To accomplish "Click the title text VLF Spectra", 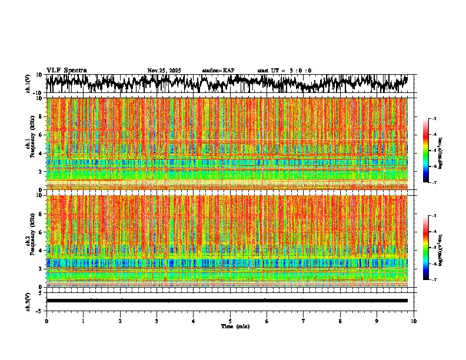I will pos(66,71).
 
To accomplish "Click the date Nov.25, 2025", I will pos(164,71).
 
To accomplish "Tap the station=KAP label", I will pos(218,71).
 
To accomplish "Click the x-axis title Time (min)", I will pos(235,326).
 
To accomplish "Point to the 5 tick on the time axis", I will pos(230,321).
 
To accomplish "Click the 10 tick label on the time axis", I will pos(414,321).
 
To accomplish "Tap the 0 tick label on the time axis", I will pos(46,321).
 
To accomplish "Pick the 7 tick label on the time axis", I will pos(304,321).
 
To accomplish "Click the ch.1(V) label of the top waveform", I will pos(28,83).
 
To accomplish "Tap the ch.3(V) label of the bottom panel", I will pos(28,300).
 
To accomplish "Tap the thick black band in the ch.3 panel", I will pos(227,301).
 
